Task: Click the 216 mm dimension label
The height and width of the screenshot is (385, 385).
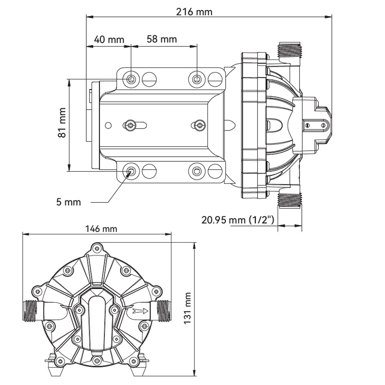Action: click(194, 12)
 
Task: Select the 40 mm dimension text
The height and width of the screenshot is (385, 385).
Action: click(109, 40)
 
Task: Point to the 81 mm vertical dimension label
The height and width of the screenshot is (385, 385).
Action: click(62, 122)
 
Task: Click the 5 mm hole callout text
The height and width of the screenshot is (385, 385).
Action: click(69, 202)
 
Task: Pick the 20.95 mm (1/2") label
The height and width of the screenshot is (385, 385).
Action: click(238, 220)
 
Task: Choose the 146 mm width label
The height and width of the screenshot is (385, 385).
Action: click(101, 229)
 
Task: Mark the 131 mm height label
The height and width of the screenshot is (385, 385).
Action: click(187, 308)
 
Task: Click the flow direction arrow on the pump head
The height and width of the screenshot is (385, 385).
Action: click(140, 311)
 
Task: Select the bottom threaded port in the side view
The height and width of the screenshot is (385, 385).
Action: click(290, 201)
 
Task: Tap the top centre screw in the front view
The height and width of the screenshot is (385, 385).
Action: click(97, 248)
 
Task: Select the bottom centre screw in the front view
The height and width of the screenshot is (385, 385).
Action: click(97, 361)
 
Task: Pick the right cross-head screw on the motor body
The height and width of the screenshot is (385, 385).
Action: click(199, 126)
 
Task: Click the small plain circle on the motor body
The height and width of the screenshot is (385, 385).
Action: click(108, 126)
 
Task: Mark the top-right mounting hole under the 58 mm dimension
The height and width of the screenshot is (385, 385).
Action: click(197, 79)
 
